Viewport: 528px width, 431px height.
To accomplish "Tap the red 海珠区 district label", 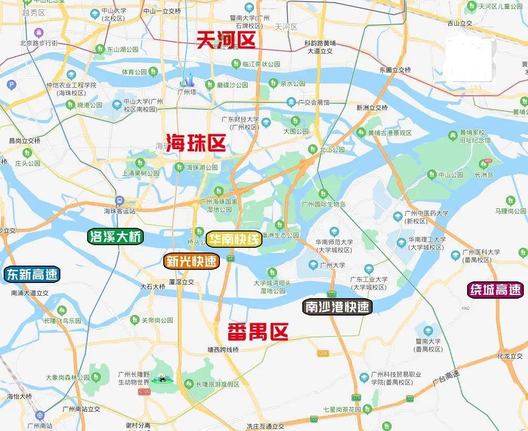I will coord(196,143).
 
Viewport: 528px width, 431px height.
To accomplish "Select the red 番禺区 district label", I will coord(258,332).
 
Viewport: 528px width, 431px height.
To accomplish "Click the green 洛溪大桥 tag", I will coord(115,237).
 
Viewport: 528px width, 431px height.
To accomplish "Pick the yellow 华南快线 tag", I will coord(234,240).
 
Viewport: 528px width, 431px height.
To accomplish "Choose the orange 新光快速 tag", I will coord(191,261).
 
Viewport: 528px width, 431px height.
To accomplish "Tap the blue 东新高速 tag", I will coord(32,274).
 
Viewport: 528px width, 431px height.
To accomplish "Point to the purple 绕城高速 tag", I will coord(495,289).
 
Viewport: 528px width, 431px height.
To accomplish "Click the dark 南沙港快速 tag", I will coord(337,307).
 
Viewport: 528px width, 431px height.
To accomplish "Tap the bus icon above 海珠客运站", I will coord(120,201).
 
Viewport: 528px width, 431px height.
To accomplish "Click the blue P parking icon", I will coord(10,85).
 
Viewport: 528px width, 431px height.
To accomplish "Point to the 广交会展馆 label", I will coord(315,102).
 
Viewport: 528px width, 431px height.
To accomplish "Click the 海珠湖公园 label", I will coord(202,167).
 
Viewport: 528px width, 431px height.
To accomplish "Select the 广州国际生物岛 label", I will coord(324,204).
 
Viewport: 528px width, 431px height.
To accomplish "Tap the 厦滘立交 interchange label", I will coord(181,282).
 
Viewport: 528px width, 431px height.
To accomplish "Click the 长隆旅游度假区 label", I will coord(218,384).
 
